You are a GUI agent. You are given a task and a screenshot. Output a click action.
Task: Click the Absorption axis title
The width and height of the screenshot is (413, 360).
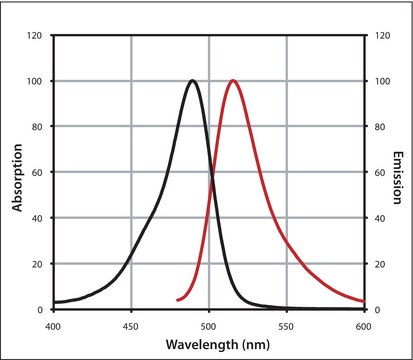(17, 172)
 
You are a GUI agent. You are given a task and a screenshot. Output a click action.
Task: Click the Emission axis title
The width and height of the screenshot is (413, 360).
(397, 172)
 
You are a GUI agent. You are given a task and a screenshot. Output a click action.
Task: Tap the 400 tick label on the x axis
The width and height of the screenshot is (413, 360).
(53, 326)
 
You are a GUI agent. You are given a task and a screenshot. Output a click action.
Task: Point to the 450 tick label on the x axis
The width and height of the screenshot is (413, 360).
(131, 326)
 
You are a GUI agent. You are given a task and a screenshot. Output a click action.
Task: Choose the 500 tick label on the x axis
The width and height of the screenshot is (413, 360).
(209, 326)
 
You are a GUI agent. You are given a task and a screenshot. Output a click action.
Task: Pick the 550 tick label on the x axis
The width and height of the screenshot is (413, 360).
(287, 326)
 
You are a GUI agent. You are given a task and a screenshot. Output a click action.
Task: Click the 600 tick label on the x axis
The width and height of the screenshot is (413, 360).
(364, 326)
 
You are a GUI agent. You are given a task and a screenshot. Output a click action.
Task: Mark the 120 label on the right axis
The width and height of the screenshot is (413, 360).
(380, 35)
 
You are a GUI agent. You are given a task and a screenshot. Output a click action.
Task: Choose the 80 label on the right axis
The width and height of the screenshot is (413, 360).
(377, 127)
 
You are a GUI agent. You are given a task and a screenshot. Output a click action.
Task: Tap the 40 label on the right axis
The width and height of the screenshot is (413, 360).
(377, 219)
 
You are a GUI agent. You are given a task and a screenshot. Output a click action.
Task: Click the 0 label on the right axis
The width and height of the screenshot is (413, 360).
(374, 310)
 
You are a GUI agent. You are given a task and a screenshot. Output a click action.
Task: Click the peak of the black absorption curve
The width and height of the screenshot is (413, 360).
(193, 81)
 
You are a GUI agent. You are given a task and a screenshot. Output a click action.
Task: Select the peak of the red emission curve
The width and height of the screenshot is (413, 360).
(233, 81)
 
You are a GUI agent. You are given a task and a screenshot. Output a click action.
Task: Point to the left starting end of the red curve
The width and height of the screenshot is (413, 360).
(177, 300)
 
